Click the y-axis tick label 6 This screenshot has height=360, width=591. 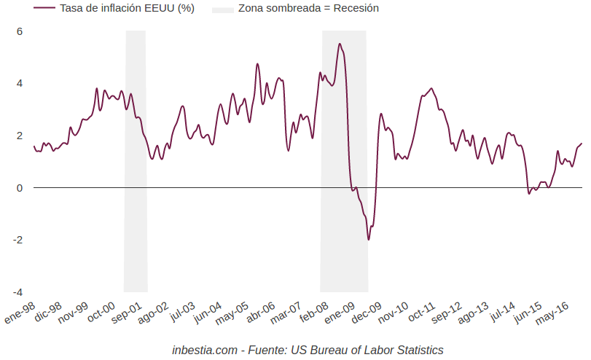tap(20, 31)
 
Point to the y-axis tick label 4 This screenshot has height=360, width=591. tap(20, 83)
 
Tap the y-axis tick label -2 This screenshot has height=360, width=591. tap(18, 240)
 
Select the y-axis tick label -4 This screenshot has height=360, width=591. tap(18, 292)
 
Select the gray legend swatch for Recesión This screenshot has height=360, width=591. tap(223, 9)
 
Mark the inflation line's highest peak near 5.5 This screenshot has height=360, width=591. tap(340, 44)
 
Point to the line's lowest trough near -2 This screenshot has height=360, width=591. tap(369, 239)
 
